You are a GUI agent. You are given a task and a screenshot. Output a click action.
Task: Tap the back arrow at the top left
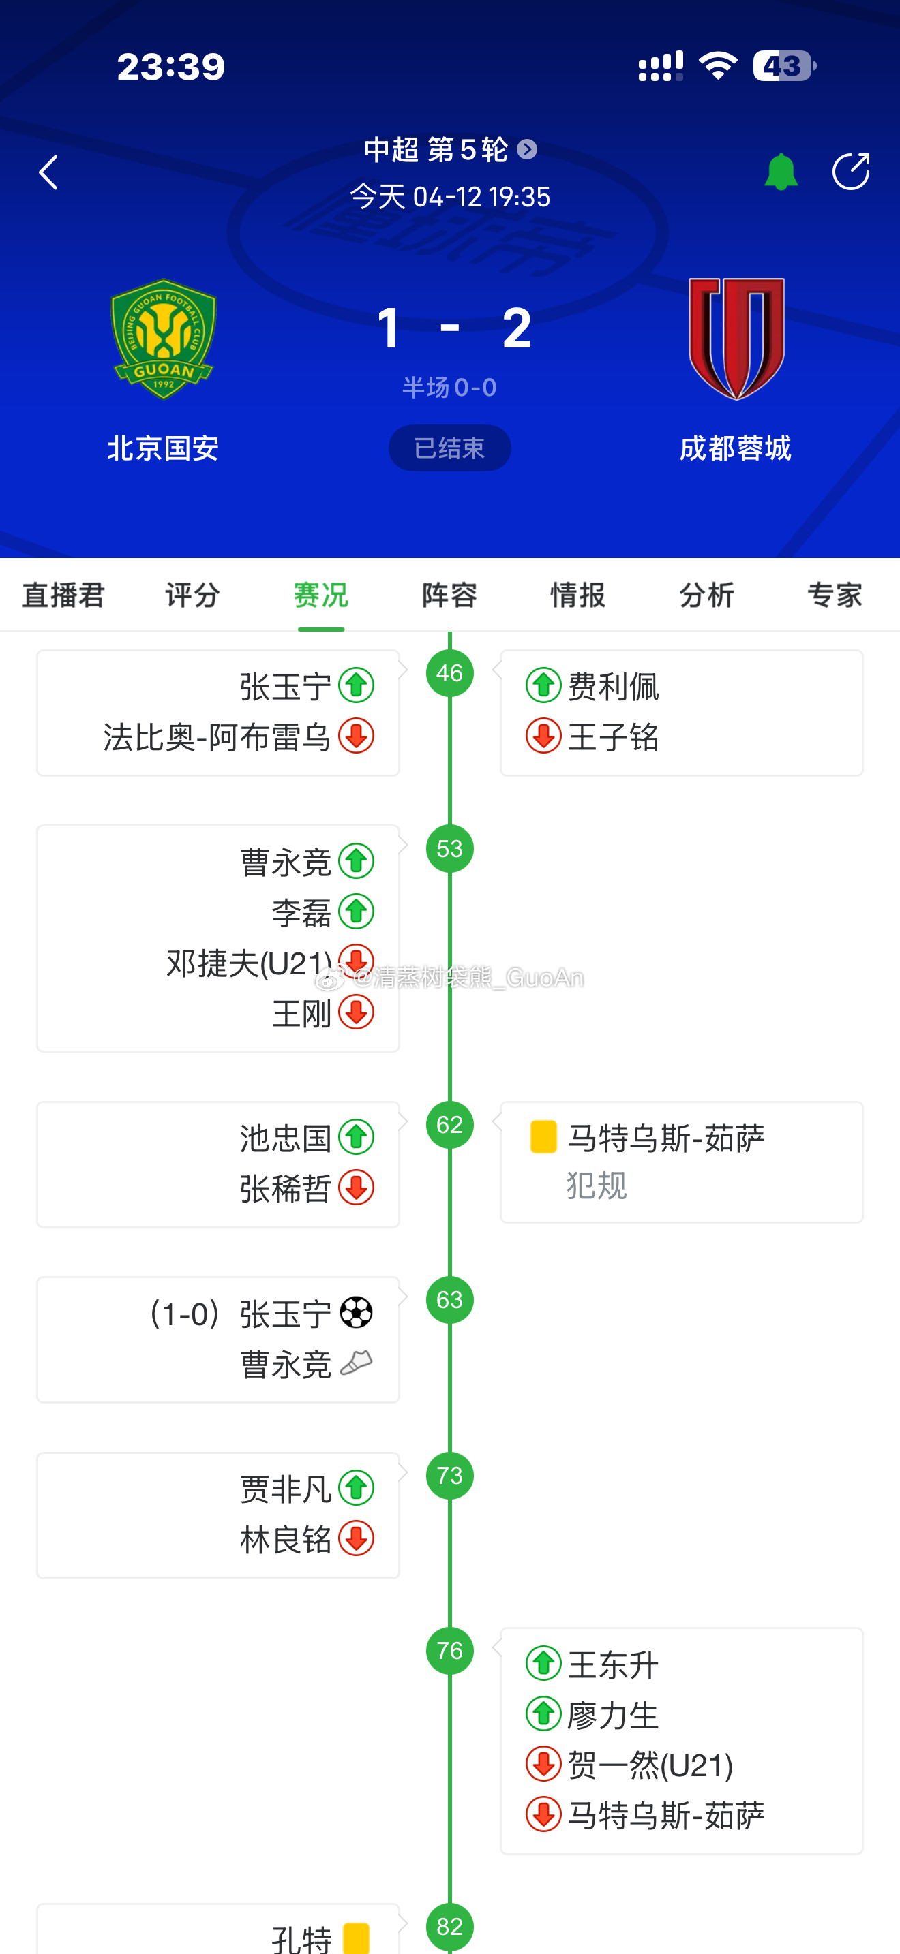pos(48,173)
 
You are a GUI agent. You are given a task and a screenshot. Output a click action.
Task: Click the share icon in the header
pos(850,172)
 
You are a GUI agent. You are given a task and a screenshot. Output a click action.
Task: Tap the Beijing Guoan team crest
pos(163,339)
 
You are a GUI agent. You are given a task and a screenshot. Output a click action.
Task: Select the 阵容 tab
pos(449,595)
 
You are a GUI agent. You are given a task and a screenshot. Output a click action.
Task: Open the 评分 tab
pos(192,595)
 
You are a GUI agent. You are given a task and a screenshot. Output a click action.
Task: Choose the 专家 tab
pos(834,595)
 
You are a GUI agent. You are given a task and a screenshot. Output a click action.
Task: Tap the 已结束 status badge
pos(449,448)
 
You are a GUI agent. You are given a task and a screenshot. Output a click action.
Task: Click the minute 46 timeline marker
pos(449,673)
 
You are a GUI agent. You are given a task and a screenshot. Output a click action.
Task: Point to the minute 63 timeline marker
pos(449,1300)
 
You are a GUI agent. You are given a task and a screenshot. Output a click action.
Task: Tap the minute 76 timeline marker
pos(449,1651)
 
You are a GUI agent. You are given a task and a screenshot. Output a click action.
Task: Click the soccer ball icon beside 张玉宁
pos(356,1313)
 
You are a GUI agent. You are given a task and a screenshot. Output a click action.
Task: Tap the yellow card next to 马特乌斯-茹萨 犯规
pos(543,1137)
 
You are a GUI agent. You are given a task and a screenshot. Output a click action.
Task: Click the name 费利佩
pos(613,687)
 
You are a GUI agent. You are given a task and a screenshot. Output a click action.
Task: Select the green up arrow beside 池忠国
pos(356,1137)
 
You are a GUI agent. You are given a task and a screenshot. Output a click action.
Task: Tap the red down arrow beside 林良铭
pos(356,1538)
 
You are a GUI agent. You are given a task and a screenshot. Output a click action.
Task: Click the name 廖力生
pos(613,1715)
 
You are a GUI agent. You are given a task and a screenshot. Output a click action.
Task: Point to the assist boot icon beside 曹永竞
pos(356,1364)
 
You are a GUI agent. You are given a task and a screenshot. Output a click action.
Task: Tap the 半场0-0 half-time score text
pos(449,388)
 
